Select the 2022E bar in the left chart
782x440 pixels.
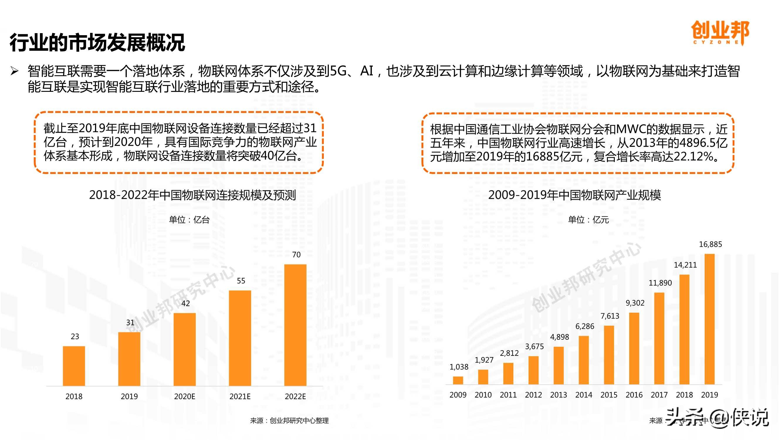(295, 325)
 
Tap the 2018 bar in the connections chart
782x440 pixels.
(74, 365)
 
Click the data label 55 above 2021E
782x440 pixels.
(241, 281)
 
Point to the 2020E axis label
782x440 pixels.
(185, 396)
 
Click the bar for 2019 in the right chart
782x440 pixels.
(709, 319)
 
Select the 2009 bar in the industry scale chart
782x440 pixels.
(458, 380)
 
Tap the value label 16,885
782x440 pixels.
(710, 244)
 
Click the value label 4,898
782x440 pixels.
(559, 337)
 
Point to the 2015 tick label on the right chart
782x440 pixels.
(609, 395)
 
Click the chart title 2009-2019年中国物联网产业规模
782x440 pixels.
(574, 195)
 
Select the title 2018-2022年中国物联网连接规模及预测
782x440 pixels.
(192, 195)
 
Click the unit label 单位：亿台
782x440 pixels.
(189, 219)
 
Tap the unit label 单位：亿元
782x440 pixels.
(588, 219)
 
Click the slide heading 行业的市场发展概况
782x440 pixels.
(97, 43)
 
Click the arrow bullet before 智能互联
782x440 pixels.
(15, 71)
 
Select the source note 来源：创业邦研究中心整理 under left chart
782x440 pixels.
(289, 421)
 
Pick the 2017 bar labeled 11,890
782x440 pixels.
(659, 338)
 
